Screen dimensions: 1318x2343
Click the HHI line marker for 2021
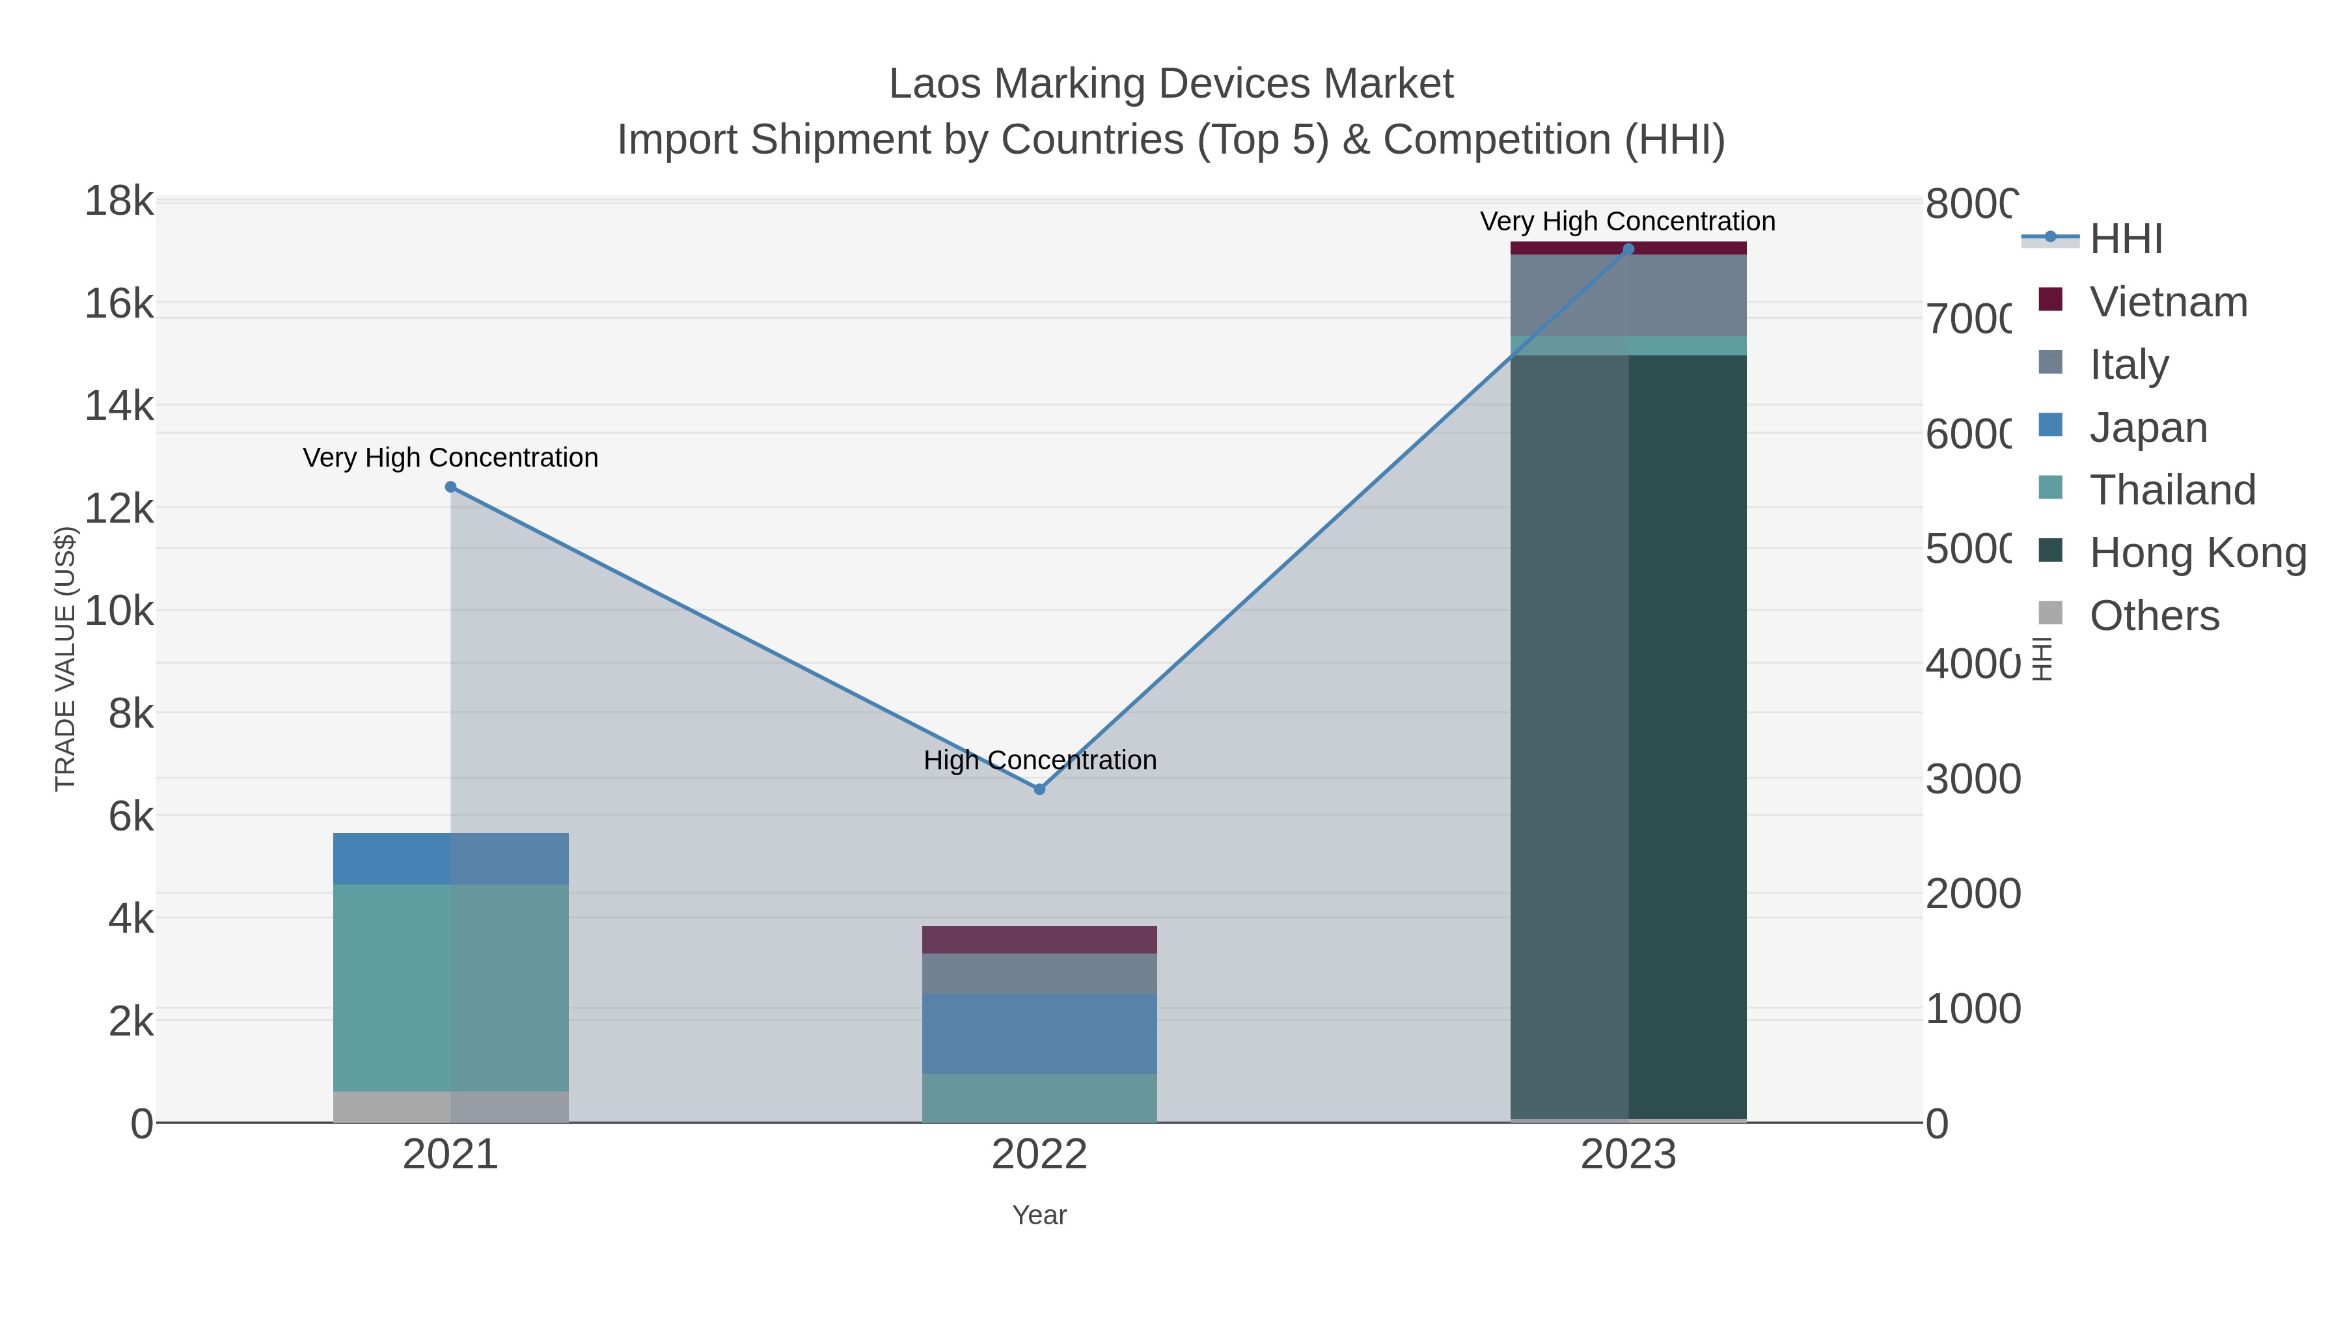(450, 487)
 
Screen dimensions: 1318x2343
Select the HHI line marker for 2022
(1039, 789)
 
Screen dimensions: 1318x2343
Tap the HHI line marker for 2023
(1628, 249)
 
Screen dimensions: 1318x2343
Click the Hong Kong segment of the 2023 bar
(1628, 737)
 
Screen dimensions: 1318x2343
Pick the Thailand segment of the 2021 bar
(450, 987)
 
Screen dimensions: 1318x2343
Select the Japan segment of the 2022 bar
(1039, 1034)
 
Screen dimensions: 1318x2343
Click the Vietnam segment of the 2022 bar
(1039, 940)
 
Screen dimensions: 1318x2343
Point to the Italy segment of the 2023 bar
(1628, 295)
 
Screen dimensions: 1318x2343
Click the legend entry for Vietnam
(2167, 302)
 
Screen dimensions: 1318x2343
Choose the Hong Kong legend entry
(2197, 552)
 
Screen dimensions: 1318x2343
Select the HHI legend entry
(2126, 240)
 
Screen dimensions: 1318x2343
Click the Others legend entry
(2154, 616)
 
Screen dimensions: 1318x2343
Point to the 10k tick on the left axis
(119, 611)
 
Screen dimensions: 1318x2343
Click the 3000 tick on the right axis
(1972, 780)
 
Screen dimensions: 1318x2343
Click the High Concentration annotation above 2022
(1039, 760)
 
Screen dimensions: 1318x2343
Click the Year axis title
(1039, 1215)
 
